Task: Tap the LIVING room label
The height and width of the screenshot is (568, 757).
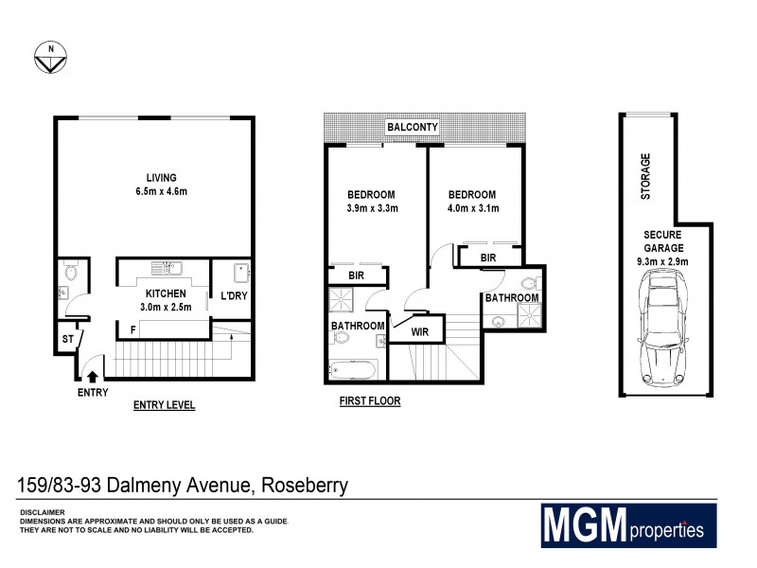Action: point(161,177)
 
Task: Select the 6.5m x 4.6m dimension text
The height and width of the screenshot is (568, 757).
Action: point(161,192)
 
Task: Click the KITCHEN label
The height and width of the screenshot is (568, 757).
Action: point(166,293)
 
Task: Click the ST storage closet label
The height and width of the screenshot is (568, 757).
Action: point(66,337)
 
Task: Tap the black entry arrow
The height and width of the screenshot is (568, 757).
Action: point(92,377)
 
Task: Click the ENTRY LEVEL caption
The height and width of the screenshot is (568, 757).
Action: point(164,405)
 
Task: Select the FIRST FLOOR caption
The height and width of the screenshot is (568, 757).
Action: point(370,401)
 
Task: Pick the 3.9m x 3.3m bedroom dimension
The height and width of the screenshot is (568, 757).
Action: point(372,209)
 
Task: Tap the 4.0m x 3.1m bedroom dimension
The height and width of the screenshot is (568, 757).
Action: point(472,209)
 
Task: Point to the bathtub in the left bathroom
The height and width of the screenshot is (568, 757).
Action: point(354,368)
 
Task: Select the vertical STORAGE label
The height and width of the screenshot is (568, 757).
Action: point(646,176)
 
